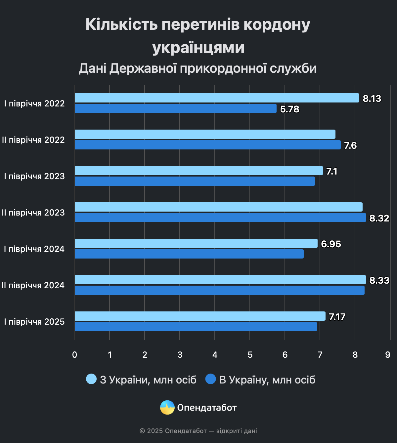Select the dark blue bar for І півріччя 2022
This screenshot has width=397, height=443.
pyautogui.click(x=175, y=108)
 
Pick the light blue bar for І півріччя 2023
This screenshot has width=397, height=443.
pyautogui.click(x=198, y=171)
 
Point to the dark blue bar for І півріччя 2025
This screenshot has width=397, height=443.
pyautogui.click(x=196, y=327)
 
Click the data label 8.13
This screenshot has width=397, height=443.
pyautogui.click(x=372, y=99)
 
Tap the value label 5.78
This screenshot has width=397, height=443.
pyautogui.click(x=289, y=109)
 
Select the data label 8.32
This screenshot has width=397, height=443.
pyautogui.click(x=379, y=218)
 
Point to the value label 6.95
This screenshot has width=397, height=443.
pyautogui.click(x=331, y=244)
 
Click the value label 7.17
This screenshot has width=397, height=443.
pyautogui.click(x=337, y=317)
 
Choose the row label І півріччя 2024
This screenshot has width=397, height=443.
pyautogui.click(x=34, y=249)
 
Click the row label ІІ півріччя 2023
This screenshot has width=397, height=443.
pyautogui.click(x=33, y=213)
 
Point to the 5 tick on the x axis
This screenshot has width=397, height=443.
pyautogui.click(x=250, y=355)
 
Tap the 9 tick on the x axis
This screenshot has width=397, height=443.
pyautogui.click(x=388, y=355)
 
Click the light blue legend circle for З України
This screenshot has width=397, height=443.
pyautogui.click(x=91, y=379)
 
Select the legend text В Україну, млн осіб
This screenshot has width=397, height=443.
pyautogui.click(x=267, y=380)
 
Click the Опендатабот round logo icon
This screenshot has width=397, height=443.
pyautogui.click(x=167, y=408)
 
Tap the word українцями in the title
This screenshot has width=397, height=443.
pyautogui.click(x=198, y=47)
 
